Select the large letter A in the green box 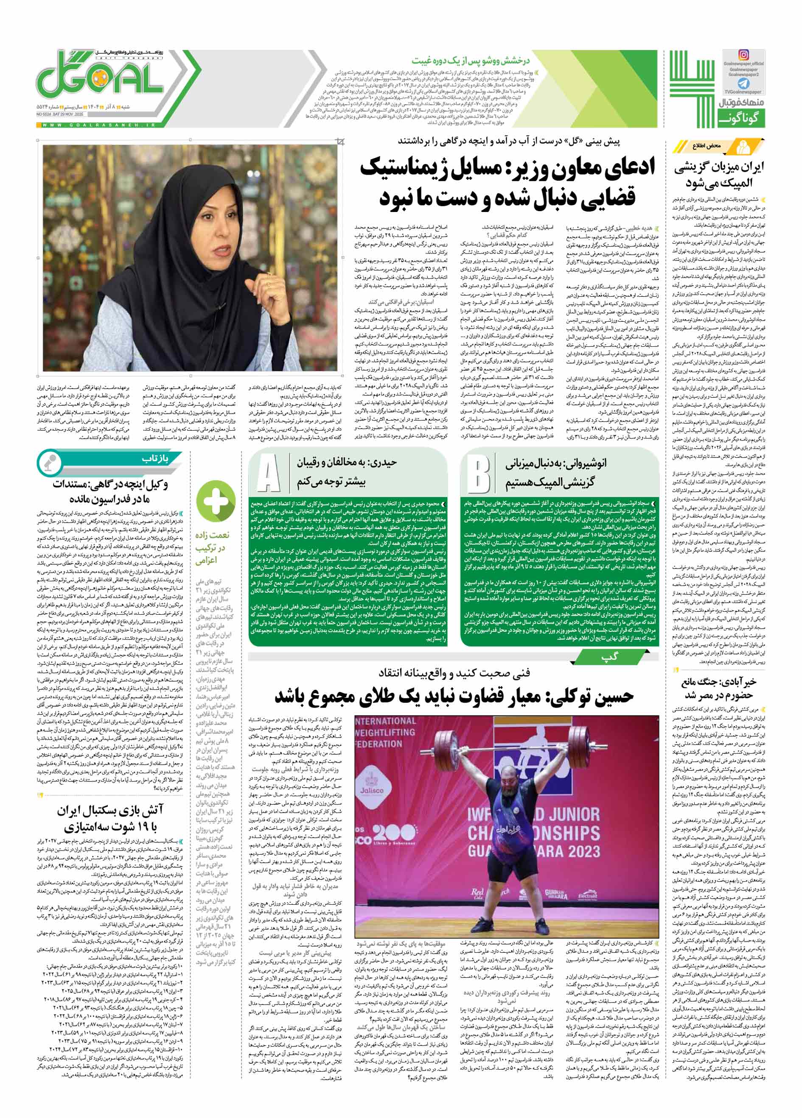coord(268,473)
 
